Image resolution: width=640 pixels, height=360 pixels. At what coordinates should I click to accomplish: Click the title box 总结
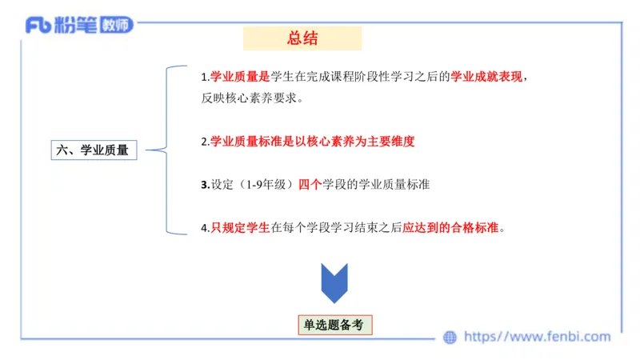(302, 38)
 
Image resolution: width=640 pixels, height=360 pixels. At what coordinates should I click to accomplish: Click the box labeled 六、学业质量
(94, 149)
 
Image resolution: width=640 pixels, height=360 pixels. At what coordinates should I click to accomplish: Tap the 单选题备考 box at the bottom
(334, 325)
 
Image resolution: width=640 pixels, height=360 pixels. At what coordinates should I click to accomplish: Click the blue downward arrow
(334, 282)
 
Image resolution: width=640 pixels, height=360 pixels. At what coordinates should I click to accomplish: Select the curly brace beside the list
(170, 149)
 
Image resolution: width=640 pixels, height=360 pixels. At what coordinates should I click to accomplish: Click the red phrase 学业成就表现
(486, 78)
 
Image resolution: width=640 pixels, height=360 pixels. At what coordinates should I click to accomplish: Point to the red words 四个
(310, 184)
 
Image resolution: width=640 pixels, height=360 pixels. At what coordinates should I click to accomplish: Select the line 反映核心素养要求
(251, 98)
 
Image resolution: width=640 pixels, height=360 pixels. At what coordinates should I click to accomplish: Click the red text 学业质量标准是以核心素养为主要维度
(312, 141)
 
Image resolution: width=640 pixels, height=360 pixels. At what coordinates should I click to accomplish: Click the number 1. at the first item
(205, 78)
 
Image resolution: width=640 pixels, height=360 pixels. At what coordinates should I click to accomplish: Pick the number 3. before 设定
(205, 184)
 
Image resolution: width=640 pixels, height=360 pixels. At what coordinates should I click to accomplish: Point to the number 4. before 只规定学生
(205, 227)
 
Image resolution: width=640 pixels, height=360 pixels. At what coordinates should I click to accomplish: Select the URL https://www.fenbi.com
(537, 337)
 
